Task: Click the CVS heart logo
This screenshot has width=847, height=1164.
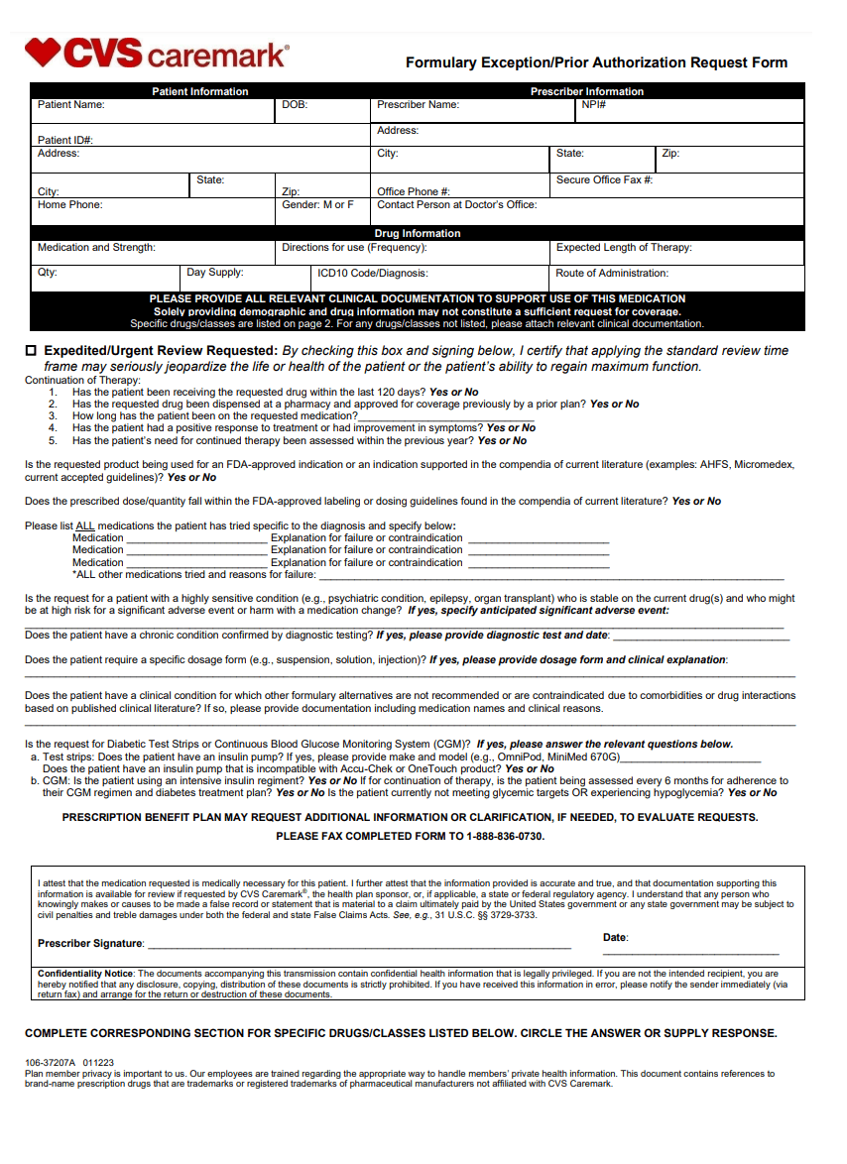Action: tap(43, 52)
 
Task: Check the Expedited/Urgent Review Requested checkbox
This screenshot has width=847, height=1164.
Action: tap(30, 351)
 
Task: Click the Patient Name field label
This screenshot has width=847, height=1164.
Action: tap(71, 105)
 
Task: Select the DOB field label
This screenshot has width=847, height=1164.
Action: tap(295, 105)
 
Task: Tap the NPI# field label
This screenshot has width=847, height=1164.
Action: tap(594, 105)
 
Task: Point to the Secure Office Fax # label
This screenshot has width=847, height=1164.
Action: tap(604, 180)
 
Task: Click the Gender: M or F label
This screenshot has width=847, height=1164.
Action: tap(317, 205)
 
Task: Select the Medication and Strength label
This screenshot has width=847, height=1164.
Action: tap(96, 248)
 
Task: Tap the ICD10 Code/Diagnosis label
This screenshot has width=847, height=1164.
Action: tap(373, 273)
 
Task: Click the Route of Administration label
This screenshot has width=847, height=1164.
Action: tap(612, 273)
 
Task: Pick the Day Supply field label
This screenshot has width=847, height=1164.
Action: tap(215, 273)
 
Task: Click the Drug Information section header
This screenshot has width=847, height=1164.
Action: tap(417, 234)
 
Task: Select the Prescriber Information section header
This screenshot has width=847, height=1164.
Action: tap(587, 91)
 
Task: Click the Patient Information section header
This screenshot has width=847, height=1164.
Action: tap(200, 91)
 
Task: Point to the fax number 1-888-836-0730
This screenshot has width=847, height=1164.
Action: tap(505, 836)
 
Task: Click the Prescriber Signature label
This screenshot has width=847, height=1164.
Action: tap(90, 943)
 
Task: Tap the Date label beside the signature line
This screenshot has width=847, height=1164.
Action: tap(615, 937)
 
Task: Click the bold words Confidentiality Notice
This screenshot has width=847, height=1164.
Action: tap(84, 974)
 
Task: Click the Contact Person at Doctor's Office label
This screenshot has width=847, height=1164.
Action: tap(456, 205)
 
